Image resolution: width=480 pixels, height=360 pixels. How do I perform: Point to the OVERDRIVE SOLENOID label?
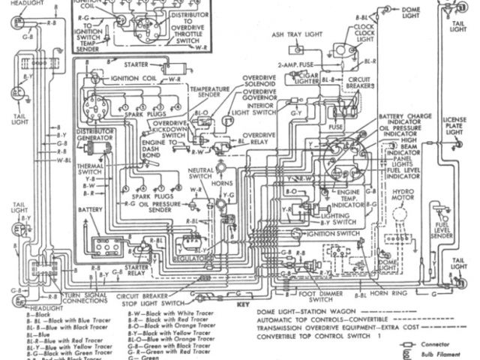pyautogui.click(x=262, y=83)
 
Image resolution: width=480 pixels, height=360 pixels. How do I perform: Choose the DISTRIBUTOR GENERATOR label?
pyautogui.click(x=95, y=135)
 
